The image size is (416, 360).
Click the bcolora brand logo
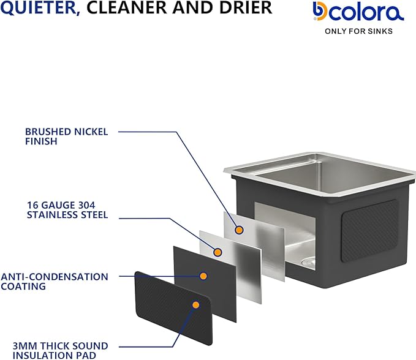click(x=358, y=11)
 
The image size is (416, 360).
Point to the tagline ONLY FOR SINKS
click(x=358, y=31)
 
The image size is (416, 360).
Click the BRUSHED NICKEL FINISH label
click(x=66, y=137)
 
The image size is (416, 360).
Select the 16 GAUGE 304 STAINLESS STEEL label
click(x=67, y=210)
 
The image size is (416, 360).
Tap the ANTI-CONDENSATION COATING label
click(x=55, y=282)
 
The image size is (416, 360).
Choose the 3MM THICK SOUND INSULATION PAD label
click(x=60, y=350)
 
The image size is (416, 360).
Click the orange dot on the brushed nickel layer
click(x=240, y=230)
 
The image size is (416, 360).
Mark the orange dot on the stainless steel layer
click(x=217, y=252)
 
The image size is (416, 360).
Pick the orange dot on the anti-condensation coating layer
click(x=203, y=276)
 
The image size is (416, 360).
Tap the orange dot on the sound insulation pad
click(x=196, y=305)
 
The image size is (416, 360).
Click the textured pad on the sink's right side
click(x=369, y=231)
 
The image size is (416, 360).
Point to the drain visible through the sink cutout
click(x=309, y=262)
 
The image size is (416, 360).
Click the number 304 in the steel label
click(x=86, y=205)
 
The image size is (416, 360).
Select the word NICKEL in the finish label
click(x=91, y=132)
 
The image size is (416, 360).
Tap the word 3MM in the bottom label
click(x=25, y=346)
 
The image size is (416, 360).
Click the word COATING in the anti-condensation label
click(x=23, y=287)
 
